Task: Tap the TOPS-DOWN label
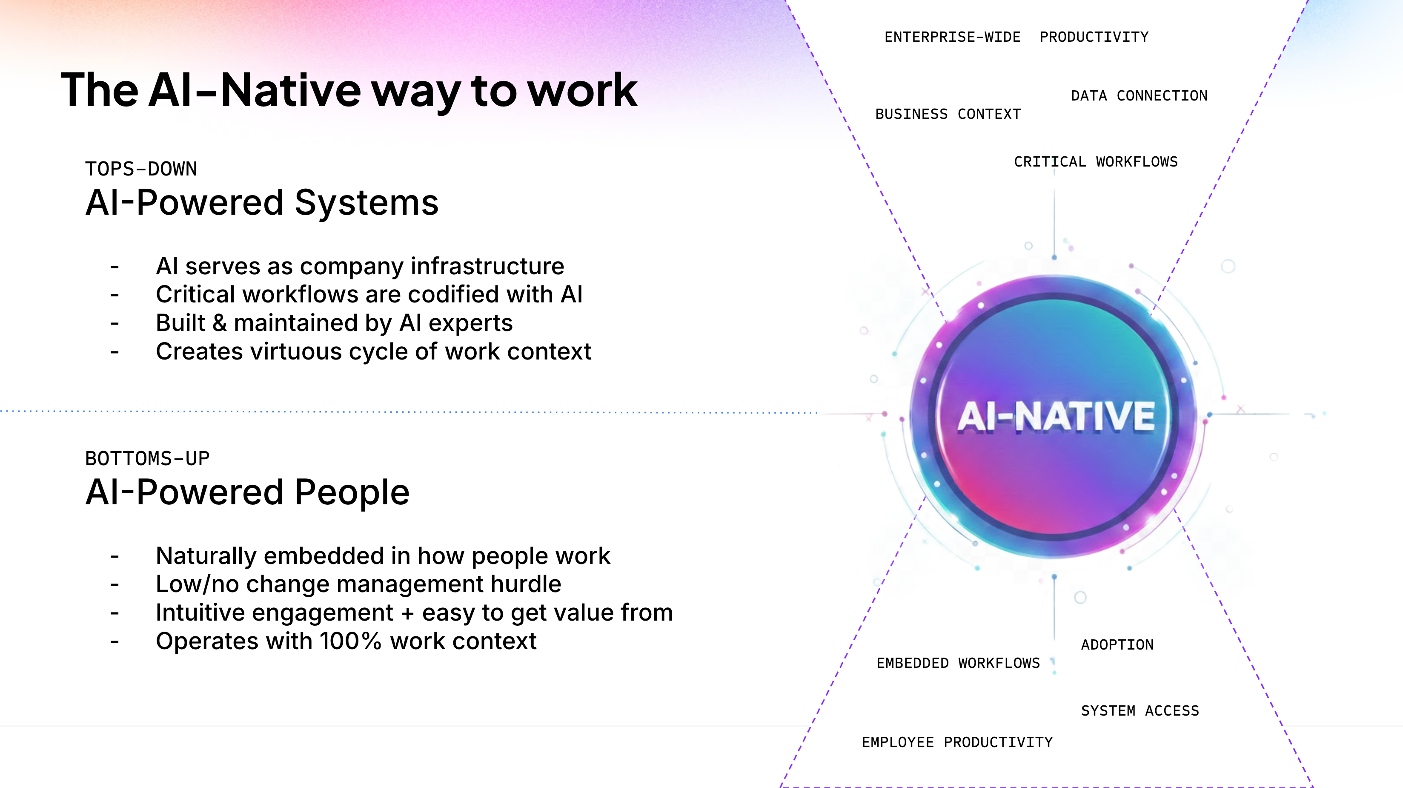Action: pos(141,169)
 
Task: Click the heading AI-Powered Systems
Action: pos(261,203)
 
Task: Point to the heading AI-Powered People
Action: pos(247,492)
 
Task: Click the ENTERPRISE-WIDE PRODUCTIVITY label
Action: pos(1016,37)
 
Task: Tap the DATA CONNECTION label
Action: pos(1139,96)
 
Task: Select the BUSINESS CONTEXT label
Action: pos(948,115)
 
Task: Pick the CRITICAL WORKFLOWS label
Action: pos(1095,162)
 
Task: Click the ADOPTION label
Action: pos(1117,645)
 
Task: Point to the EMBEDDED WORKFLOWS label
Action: pos(958,663)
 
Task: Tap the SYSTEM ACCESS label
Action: pos(1140,710)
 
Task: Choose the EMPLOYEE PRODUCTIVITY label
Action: pos(957,742)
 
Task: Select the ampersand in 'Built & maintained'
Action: pos(220,323)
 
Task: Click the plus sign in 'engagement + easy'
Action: pos(407,613)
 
